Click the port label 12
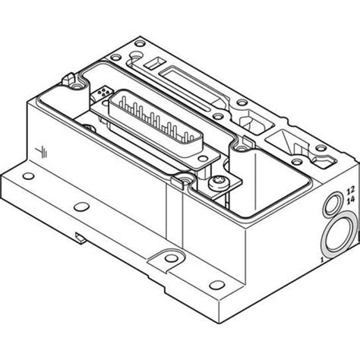tap(350, 189)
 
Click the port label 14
tap(350, 199)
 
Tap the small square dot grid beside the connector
tap(103, 92)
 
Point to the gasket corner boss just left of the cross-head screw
tap(185, 182)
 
